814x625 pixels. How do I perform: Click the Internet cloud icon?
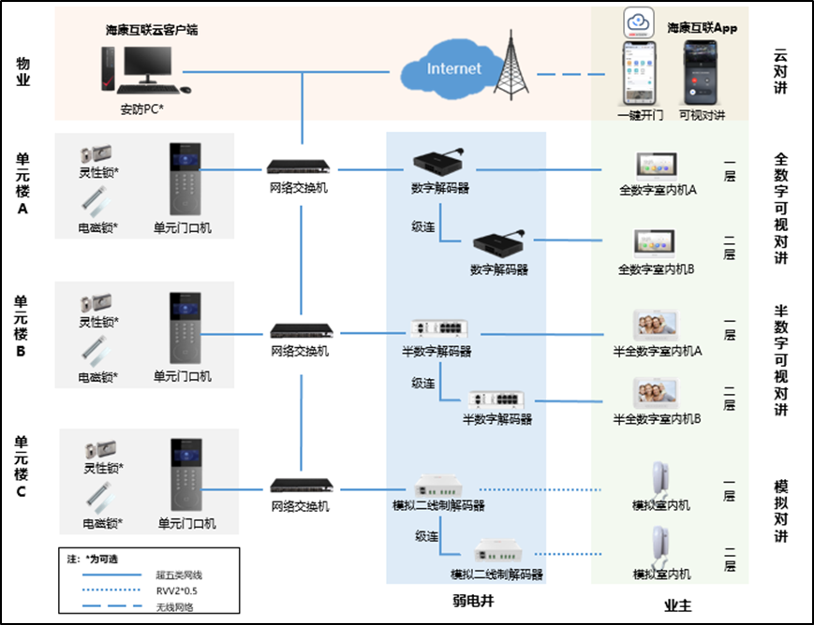click(x=451, y=68)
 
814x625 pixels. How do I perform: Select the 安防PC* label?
click(x=142, y=109)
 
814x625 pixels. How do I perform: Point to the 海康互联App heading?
click(x=702, y=28)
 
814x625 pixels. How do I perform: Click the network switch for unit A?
click(x=300, y=168)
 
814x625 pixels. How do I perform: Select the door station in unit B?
click(x=184, y=327)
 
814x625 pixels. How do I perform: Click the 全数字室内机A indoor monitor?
click(x=655, y=167)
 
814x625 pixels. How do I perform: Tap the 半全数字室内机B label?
click(x=658, y=418)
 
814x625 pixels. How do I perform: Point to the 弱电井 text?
click(x=466, y=605)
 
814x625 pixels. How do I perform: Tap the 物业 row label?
click(x=24, y=72)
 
